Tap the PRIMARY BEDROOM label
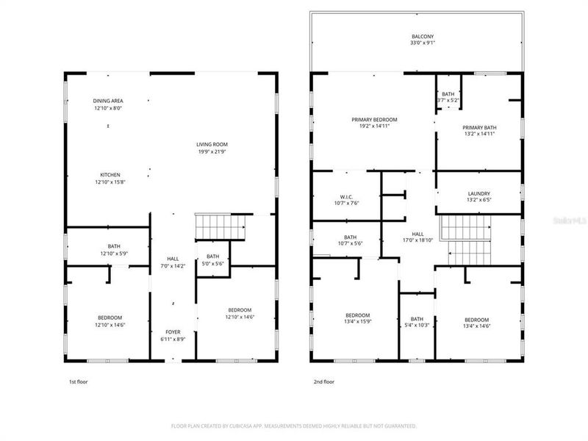point(374,120)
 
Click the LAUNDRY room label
point(478,196)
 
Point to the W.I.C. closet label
point(347,197)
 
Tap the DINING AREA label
point(107,101)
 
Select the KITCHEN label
point(110,174)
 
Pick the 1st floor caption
point(78,382)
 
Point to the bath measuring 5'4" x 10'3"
point(417,323)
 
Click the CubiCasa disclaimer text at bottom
point(294,426)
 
